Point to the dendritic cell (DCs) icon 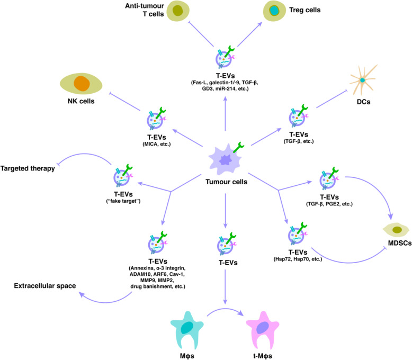point(363,79)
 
